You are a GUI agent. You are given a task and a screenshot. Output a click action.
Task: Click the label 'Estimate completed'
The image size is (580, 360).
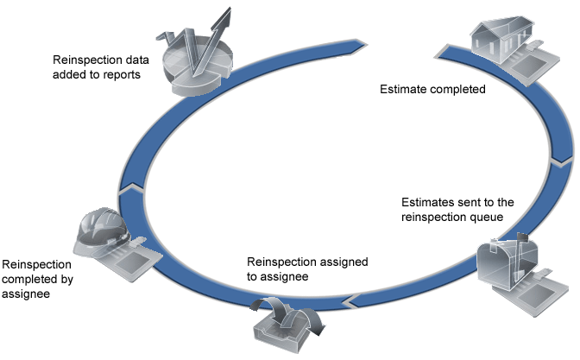tap(432, 89)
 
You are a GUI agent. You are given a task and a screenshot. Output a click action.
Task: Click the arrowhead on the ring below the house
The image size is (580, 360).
tap(560, 161)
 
